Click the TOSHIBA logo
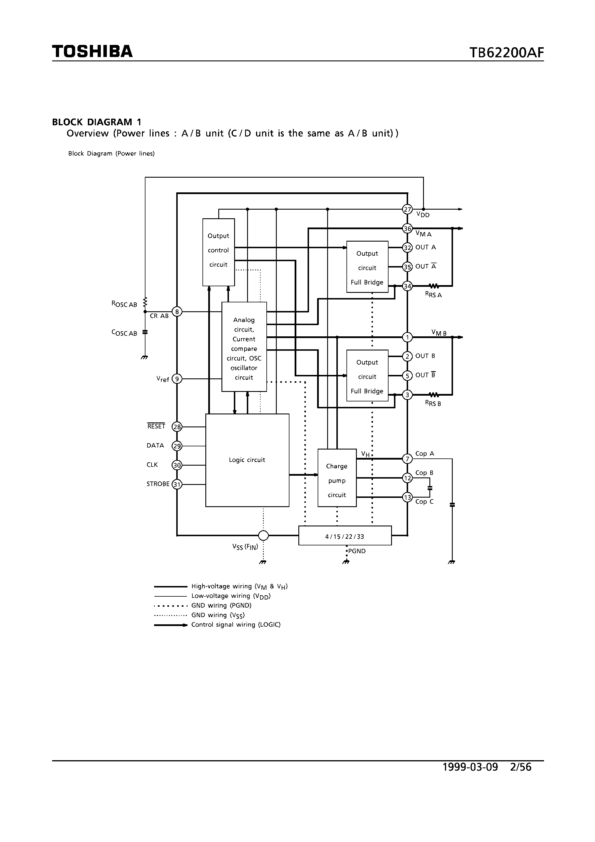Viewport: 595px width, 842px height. point(92,51)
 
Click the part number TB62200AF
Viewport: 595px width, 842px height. point(506,53)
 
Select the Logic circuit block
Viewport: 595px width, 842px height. point(247,460)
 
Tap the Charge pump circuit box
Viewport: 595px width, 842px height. point(337,477)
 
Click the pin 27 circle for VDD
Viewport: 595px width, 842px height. point(407,209)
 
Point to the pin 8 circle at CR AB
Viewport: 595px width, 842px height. point(177,312)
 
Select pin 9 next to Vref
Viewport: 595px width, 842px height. point(177,379)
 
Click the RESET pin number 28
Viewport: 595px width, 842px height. point(177,427)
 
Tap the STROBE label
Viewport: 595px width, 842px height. point(158,484)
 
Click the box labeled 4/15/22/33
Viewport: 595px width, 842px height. point(344,536)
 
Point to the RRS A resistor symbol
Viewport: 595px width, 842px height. point(434,286)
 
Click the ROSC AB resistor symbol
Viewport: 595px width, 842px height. point(145,302)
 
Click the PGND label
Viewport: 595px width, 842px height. point(357,551)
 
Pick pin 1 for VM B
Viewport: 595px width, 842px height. point(407,337)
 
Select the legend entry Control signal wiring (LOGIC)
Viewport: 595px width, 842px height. point(236,625)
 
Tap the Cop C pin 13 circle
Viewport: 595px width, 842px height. point(407,497)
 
